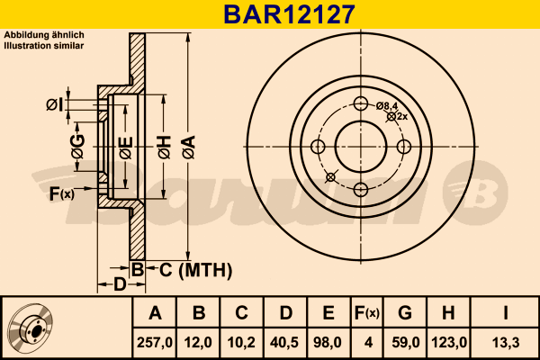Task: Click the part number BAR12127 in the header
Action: click(x=289, y=14)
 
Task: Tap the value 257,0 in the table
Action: click(x=155, y=342)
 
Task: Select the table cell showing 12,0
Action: click(x=198, y=342)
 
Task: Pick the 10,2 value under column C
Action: click(x=241, y=342)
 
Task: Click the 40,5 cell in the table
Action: click(x=284, y=342)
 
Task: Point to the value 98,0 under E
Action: click(x=328, y=342)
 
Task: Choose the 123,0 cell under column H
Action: click(x=449, y=342)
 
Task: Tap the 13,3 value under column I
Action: click(x=506, y=342)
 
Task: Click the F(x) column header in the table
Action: click(x=367, y=313)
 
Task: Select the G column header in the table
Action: click(x=405, y=313)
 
